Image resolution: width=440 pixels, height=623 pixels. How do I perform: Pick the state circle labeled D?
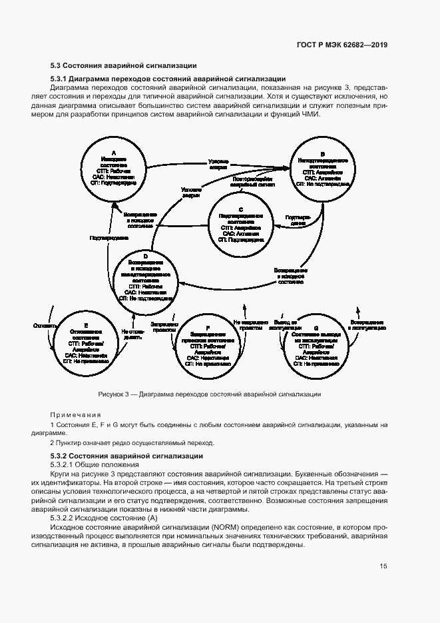pyautogui.click(x=145, y=278)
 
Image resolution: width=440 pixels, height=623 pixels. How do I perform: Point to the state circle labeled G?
pyautogui.click(x=316, y=342)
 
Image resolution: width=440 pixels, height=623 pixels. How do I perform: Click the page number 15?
pyautogui.click(x=383, y=566)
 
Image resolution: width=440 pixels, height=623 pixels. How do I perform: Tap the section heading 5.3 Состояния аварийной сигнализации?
pyautogui.click(x=123, y=65)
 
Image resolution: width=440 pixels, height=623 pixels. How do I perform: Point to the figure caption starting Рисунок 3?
pyautogui.click(x=209, y=394)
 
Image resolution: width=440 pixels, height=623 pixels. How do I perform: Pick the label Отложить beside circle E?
pyautogui.click(x=43, y=326)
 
